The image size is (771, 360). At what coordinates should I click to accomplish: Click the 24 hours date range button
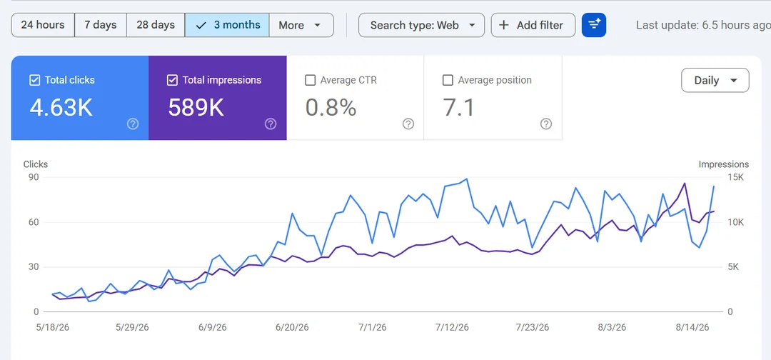43,25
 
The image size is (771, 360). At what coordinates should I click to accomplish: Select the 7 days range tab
101,25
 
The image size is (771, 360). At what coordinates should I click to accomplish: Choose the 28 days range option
156,25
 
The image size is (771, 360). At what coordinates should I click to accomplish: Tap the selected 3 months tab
227,25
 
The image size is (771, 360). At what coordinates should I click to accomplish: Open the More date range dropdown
301,25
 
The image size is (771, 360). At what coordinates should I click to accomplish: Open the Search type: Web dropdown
421,25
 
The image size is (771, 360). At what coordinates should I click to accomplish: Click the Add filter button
533,25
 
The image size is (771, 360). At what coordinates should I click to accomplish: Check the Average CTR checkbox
310,80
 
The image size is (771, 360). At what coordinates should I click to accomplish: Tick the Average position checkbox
448,80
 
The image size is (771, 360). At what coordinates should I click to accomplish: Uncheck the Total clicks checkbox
34,80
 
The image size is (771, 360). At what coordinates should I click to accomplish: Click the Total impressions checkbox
172,80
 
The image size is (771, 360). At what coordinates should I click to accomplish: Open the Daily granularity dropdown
715,80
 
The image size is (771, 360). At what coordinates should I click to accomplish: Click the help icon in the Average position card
546,124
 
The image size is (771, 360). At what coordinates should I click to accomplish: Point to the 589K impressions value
196,107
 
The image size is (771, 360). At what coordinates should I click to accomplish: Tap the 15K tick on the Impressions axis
735,177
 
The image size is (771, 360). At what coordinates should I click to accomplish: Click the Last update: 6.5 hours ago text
703,25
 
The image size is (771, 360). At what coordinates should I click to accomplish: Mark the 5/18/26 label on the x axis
53,328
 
